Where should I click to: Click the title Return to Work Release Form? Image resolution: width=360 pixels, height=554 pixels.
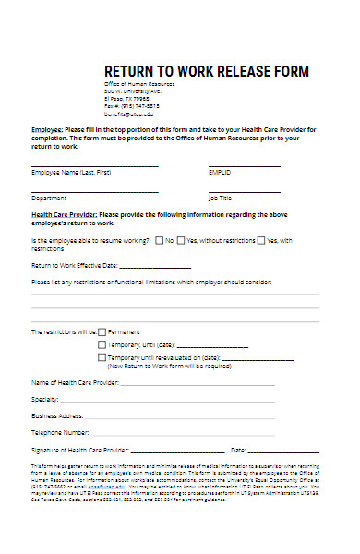[206, 71]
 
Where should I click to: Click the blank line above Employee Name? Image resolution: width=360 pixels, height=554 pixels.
[94, 166]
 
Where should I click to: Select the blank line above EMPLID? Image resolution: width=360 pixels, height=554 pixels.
[244, 166]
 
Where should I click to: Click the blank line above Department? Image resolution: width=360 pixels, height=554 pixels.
[94, 191]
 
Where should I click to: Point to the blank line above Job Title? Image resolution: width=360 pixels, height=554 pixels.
[244, 191]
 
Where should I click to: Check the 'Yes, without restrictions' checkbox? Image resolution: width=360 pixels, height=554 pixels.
[180, 240]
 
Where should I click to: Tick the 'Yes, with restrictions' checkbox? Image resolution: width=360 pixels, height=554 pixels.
[261, 240]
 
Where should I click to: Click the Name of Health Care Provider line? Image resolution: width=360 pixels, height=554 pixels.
[198, 384]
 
